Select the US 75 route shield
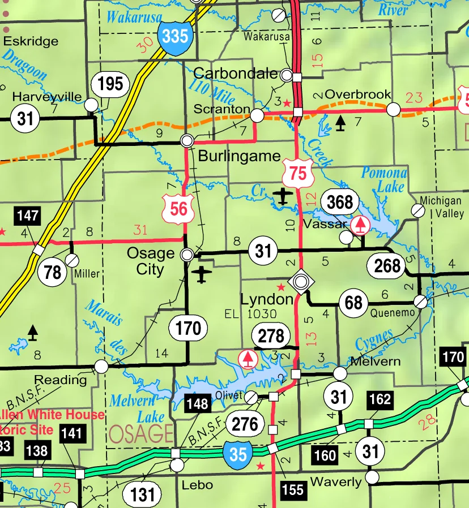pyautogui.click(x=299, y=173)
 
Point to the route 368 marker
pyautogui.click(x=340, y=201)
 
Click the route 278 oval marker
pyautogui.click(x=271, y=335)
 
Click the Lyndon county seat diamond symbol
pyautogui.click(x=301, y=281)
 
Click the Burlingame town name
pyautogui.click(x=239, y=156)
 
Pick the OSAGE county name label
pyautogui.click(x=140, y=434)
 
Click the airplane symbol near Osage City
pyautogui.click(x=201, y=275)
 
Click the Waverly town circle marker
pyautogui.click(x=372, y=478)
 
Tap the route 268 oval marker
pyautogui.click(x=387, y=265)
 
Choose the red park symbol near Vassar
pyautogui.click(x=360, y=225)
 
